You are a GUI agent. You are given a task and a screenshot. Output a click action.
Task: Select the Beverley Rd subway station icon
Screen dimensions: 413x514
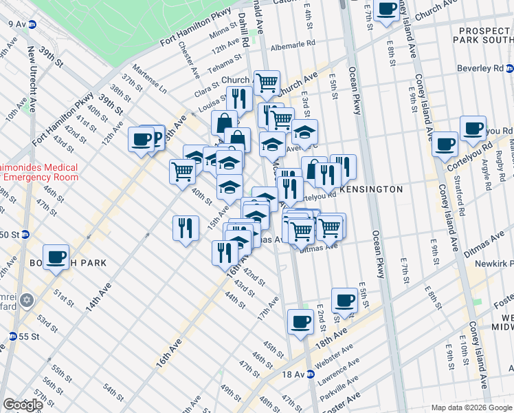click(x=510, y=70)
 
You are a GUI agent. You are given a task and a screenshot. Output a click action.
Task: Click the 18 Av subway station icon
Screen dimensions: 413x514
click(x=311, y=374)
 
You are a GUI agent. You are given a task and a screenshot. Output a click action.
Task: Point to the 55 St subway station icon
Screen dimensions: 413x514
click(x=12, y=336)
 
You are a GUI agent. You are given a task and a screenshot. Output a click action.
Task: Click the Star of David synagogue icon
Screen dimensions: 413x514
click(x=27, y=300)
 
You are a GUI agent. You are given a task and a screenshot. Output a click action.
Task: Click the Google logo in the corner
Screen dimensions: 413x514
click(x=23, y=405)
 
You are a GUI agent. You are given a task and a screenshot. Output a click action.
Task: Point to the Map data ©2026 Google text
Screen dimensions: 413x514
click(x=471, y=407)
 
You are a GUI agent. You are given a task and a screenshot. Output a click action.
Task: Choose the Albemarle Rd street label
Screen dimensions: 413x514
click(x=292, y=43)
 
